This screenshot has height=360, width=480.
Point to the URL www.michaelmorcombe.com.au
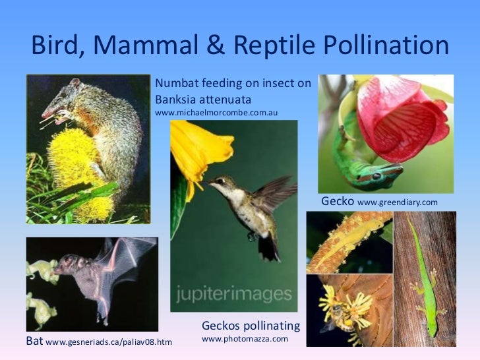point(216,113)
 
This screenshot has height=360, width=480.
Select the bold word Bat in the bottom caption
point(34,342)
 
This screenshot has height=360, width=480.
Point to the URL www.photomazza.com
point(245,339)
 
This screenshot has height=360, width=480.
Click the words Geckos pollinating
point(251,326)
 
